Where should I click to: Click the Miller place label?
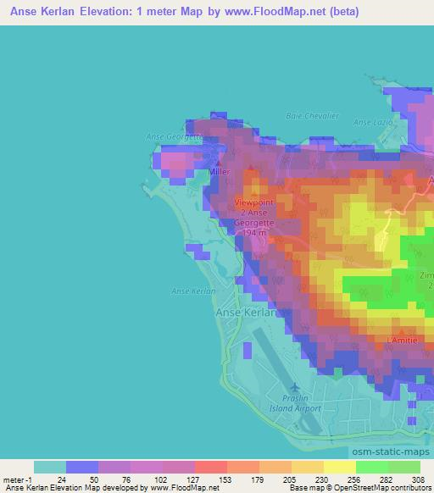[220, 170]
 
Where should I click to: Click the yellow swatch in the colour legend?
[339, 467]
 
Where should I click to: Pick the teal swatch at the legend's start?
[49, 467]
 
